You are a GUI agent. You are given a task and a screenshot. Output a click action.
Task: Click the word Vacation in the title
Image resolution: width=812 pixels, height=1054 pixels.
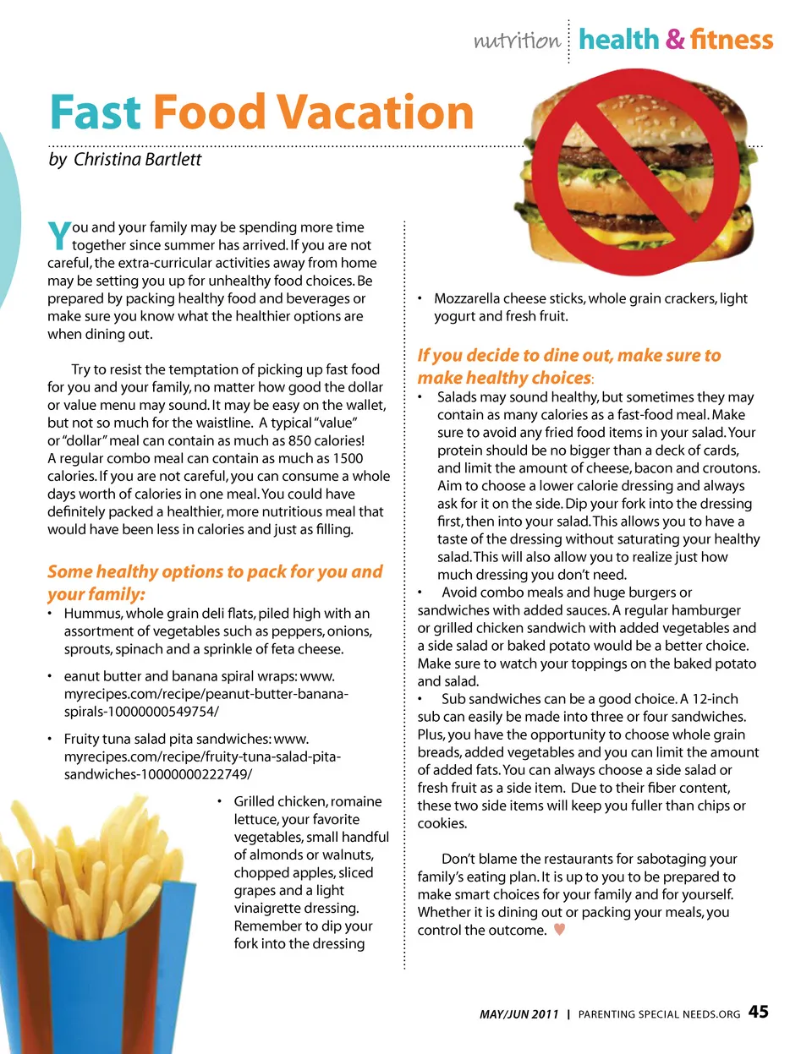click(x=376, y=112)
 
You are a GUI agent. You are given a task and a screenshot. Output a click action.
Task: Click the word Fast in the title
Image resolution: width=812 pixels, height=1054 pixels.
click(x=95, y=112)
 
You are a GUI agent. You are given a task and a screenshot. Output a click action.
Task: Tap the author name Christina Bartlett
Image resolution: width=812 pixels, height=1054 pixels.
click(x=137, y=159)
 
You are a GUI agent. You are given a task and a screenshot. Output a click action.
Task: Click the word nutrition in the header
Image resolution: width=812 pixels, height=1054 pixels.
click(x=516, y=41)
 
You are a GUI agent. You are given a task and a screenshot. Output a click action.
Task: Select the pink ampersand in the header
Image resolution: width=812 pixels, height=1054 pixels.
click(x=675, y=40)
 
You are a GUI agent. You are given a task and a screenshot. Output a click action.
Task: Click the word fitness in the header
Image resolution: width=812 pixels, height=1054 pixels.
click(x=732, y=40)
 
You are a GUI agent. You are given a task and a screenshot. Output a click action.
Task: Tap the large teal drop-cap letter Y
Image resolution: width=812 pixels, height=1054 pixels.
click(x=58, y=236)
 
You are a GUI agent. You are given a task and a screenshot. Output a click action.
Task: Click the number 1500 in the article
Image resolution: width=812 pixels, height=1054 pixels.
click(x=348, y=458)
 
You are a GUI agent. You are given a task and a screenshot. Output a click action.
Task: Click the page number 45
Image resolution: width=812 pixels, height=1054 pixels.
click(x=759, y=1012)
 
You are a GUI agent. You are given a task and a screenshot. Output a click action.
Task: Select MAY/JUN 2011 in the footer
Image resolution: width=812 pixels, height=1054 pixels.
click(x=518, y=1014)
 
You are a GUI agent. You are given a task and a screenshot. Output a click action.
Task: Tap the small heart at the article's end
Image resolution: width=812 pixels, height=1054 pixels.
click(x=559, y=930)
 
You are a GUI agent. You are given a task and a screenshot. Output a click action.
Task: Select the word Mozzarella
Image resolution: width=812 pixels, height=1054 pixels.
click(x=467, y=298)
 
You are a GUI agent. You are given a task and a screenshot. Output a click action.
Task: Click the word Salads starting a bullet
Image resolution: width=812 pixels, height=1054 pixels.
click(x=458, y=397)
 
